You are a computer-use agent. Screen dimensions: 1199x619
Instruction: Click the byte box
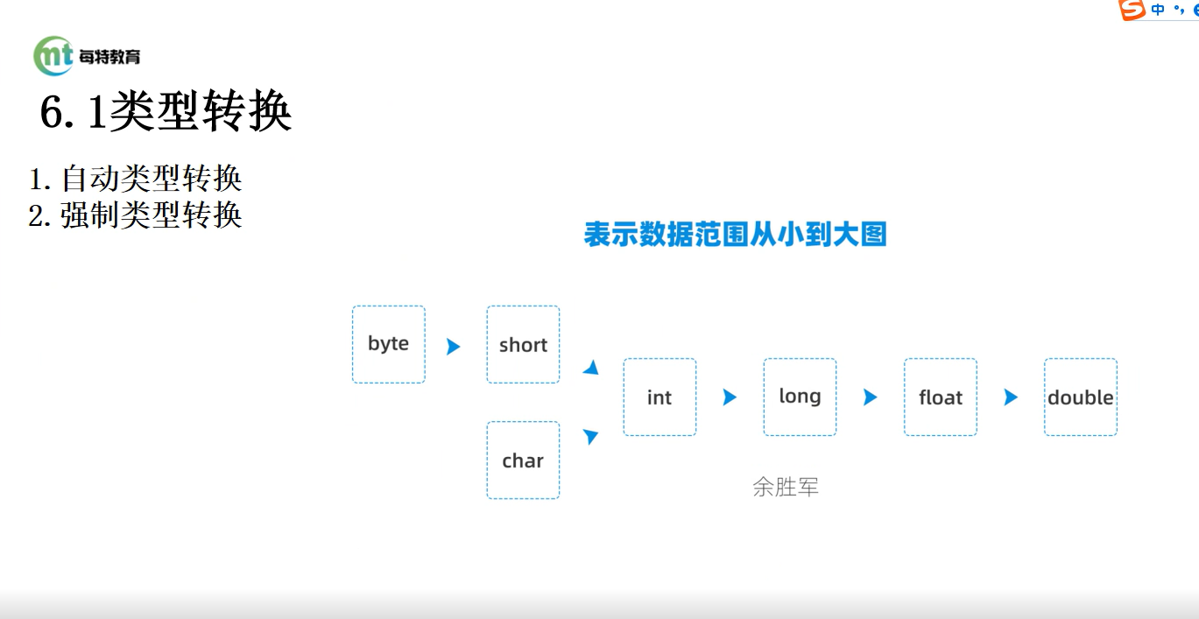(x=389, y=345)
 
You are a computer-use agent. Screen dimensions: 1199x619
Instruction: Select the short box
(x=523, y=345)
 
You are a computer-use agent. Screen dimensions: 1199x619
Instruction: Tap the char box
(x=523, y=461)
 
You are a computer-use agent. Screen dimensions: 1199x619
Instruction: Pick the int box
(x=659, y=397)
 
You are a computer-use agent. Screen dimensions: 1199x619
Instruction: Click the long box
(x=800, y=397)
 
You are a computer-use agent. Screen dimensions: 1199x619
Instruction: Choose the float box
(x=941, y=397)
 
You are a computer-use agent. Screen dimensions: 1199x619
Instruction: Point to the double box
(x=1080, y=397)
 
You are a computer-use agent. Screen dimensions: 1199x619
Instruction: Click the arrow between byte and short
(x=454, y=347)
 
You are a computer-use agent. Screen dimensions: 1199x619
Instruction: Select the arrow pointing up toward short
(x=591, y=368)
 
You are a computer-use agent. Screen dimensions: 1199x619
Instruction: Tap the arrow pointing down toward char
(x=590, y=436)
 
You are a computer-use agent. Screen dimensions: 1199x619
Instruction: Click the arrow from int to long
(x=730, y=397)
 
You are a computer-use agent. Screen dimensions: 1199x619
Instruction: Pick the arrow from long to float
(x=871, y=397)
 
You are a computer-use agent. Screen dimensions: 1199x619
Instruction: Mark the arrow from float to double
(x=1011, y=397)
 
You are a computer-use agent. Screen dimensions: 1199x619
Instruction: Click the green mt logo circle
(x=53, y=56)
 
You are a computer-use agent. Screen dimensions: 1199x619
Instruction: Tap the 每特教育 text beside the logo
(x=109, y=56)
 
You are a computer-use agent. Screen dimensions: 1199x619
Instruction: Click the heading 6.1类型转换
(x=166, y=111)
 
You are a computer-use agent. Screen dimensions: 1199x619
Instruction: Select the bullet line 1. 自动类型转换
(x=135, y=179)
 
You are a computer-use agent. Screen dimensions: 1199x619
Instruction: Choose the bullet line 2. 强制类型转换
(x=135, y=215)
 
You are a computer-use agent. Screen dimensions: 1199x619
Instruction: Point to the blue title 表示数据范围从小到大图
(x=735, y=234)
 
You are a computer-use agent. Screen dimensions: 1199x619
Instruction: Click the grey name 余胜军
(x=786, y=487)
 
